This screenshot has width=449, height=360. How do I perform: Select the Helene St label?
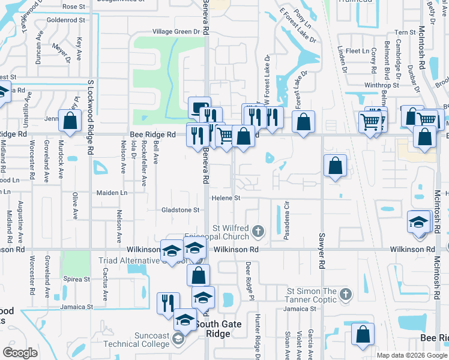coord(225,198)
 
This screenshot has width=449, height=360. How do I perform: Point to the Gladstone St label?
coord(180,210)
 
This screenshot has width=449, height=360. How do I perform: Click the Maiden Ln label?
coord(112,193)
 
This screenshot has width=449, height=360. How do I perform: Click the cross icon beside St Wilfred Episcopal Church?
coord(258,231)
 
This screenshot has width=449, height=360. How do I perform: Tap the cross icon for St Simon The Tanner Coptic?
coord(345,294)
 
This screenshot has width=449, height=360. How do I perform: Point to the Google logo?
coord(20,353)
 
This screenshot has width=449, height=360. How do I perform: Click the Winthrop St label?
coord(381,85)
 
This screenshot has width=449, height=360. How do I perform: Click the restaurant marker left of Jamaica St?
coord(168,302)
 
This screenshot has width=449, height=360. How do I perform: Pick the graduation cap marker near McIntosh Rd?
coord(418,222)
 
